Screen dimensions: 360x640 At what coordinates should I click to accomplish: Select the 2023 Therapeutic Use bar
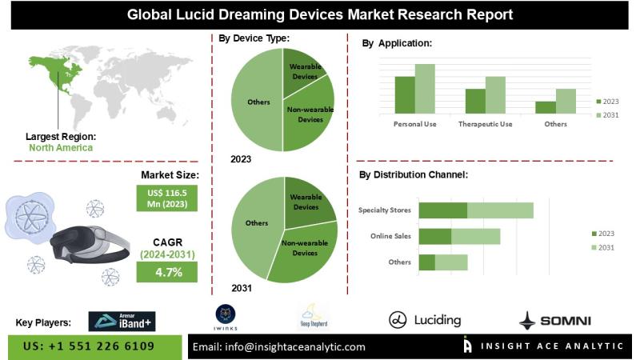[x=475, y=100]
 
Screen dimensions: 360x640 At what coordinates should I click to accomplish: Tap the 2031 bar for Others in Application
[x=566, y=100]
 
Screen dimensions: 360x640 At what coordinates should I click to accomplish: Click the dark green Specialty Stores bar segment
[x=442, y=210]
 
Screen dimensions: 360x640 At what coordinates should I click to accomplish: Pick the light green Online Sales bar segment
[x=475, y=236]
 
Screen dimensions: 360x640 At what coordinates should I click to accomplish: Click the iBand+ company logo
[x=120, y=321]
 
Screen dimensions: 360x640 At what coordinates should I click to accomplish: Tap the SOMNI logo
[x=554, y=321]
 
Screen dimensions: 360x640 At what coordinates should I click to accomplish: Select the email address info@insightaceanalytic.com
[x=279, y=346]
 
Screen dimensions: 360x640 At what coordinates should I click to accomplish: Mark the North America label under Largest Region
[x=61, y=147]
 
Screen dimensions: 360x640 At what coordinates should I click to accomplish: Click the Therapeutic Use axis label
[x=485, y=124]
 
